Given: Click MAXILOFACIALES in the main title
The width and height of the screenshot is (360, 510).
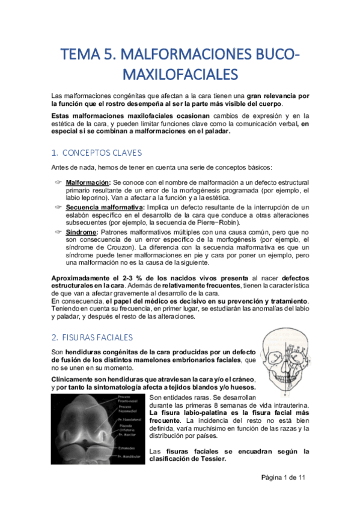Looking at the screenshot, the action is [x=180, y=75].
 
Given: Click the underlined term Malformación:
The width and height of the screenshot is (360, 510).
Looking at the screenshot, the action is [x=88, y=182].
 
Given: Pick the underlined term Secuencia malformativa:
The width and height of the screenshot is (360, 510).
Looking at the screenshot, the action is [x=100, y=207].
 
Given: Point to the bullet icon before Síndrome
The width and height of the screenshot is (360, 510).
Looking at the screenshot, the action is [x=58, y=232].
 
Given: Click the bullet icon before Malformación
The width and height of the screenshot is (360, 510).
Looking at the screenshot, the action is [x=58, y=182].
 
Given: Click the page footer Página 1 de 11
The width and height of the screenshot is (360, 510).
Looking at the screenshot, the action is [x=283, y=477].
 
